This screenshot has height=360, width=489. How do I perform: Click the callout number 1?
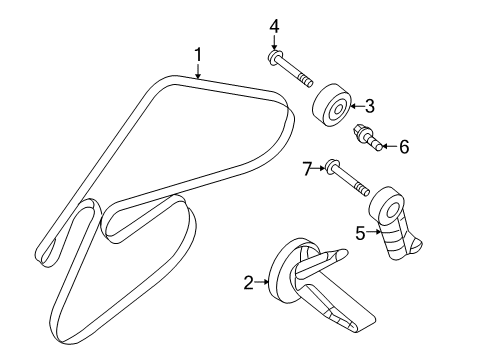click(198, 55)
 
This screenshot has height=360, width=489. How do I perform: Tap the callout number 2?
click(249, 283)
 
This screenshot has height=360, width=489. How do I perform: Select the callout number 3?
click(369, 106)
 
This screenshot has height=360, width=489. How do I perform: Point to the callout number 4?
click(274, 26)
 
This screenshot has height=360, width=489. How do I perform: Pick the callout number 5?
click(360, 233)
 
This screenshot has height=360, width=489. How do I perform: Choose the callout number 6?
click(404, 147)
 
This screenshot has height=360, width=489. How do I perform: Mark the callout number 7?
click(307, 169)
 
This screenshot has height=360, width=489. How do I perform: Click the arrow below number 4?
click(274, 43)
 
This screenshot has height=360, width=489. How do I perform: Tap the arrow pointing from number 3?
click(357, 106)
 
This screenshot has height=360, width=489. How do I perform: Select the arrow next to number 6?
click(389, 146)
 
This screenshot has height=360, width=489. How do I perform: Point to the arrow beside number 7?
click(318, 168)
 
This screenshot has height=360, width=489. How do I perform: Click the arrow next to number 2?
click(262, 282)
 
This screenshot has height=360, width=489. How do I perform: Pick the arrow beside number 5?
click(373, 232)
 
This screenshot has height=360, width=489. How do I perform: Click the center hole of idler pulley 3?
click(339, 109)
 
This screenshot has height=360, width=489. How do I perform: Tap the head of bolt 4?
click(275, 57)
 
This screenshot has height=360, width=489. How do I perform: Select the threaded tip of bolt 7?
click(363, 189)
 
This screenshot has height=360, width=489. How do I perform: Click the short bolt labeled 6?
click(368, 138)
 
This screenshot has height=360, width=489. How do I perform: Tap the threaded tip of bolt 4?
click(306, 80)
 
